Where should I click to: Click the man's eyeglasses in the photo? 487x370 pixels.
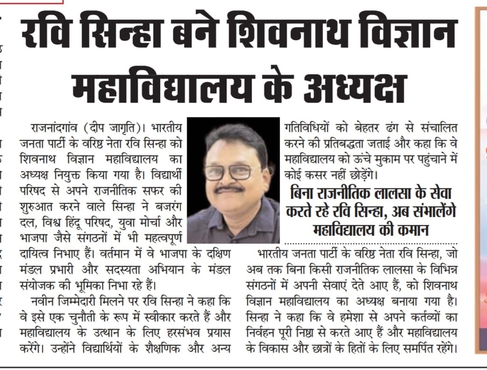click(229, 172)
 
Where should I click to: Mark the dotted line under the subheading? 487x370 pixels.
click(371, 244)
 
